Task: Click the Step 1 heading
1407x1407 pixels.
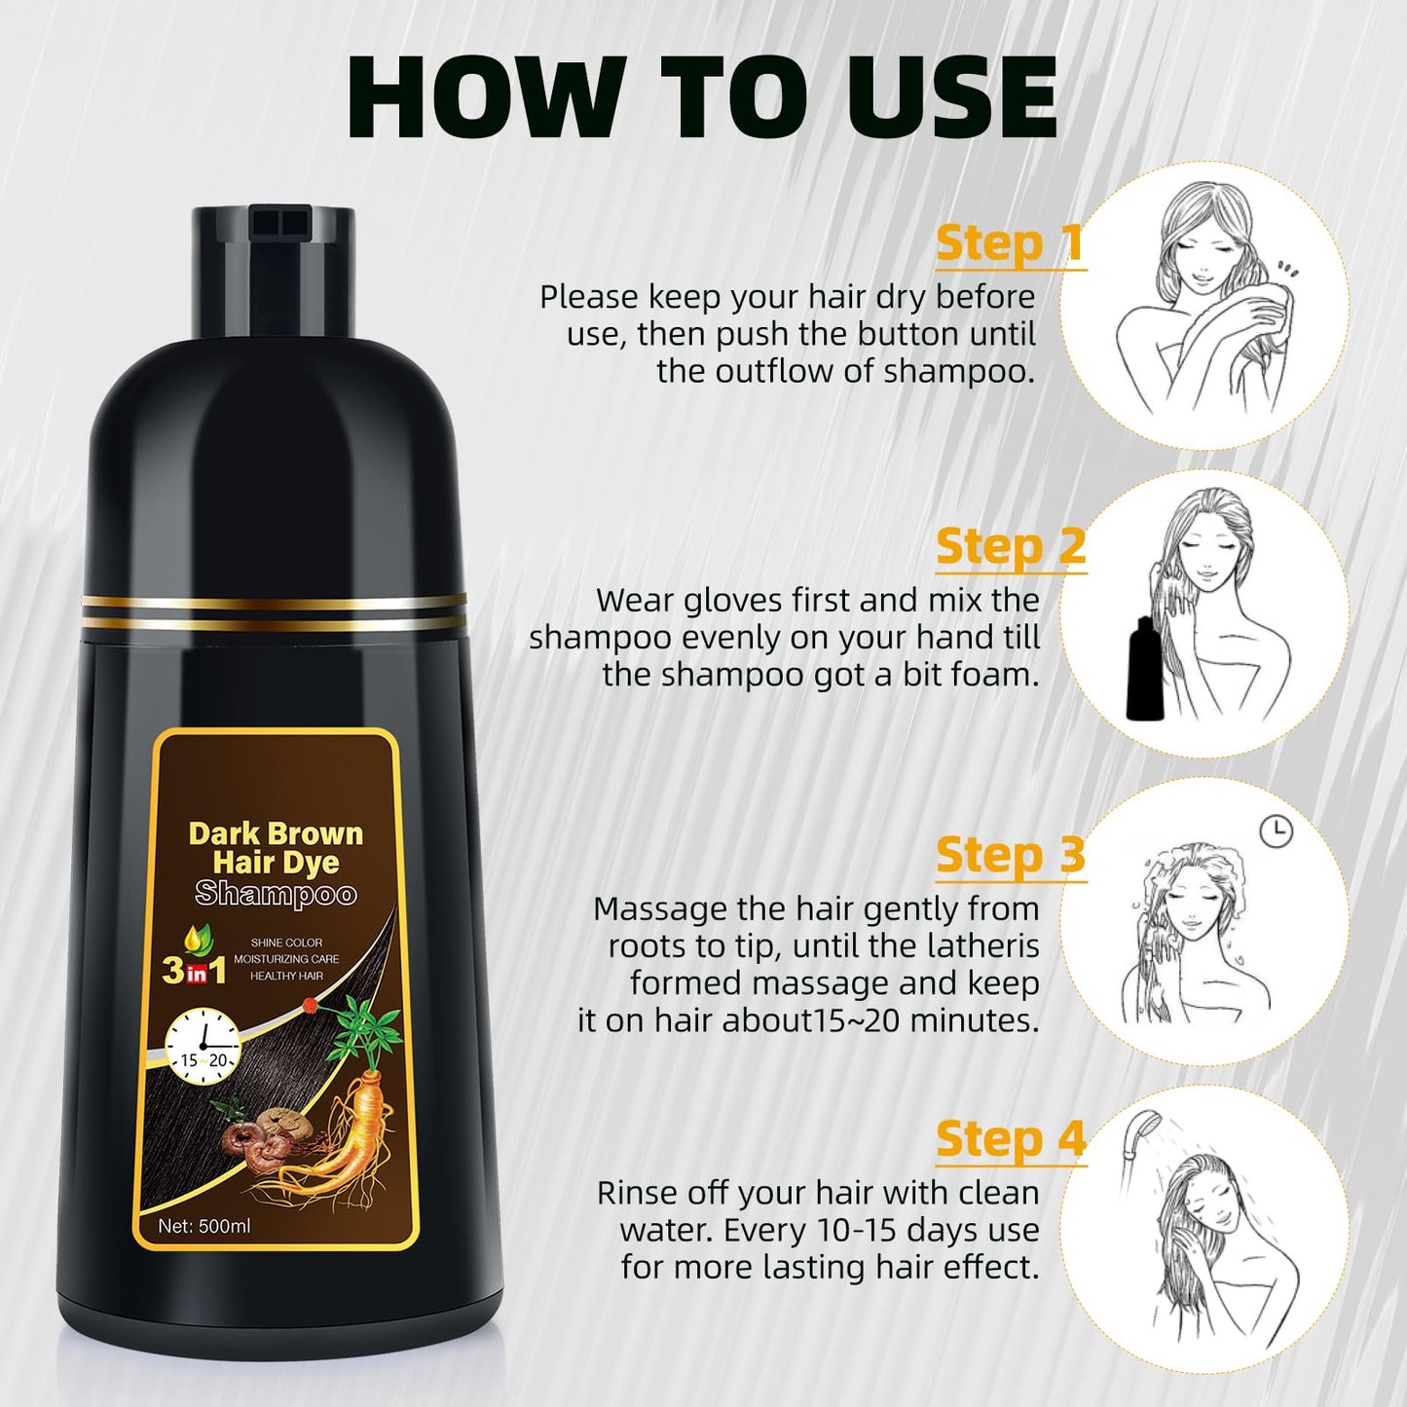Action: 1010,243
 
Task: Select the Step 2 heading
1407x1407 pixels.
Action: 1010,547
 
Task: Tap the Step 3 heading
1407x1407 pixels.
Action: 1010,856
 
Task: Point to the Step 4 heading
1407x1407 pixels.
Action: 1010,1139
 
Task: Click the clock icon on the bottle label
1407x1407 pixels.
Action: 204,1046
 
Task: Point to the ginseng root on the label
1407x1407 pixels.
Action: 341,1129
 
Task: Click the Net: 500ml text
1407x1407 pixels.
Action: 204,1226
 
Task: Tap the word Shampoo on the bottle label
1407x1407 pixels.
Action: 276,893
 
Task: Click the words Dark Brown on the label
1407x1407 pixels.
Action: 276,833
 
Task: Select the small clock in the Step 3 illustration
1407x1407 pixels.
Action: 1276,831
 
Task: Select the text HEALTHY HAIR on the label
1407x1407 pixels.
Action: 286,976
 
